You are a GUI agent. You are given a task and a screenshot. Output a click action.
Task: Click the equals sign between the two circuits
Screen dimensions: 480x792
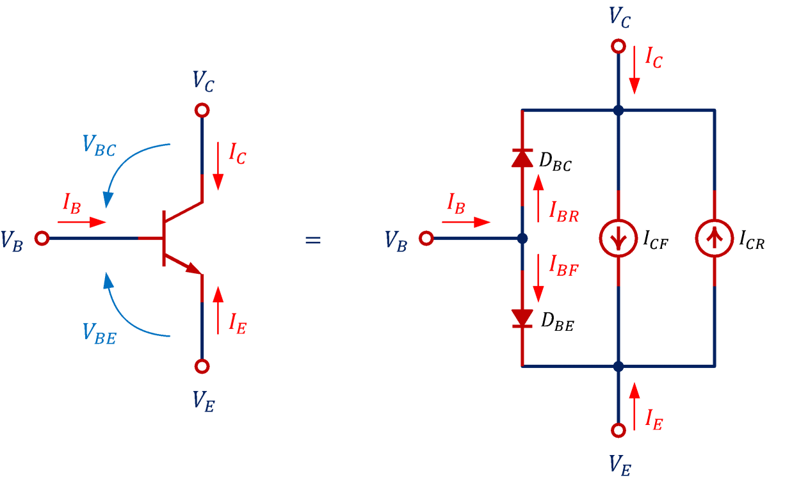tap(312, 241)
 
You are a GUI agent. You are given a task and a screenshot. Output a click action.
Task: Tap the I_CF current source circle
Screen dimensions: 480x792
tap(618, 239)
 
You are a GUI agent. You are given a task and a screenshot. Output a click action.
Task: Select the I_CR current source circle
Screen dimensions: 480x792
tap(714, 239)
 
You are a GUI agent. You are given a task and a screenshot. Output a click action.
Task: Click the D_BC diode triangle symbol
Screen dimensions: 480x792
tap(522, 157)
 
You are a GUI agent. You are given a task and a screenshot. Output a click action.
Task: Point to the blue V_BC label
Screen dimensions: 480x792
tap(99, 146)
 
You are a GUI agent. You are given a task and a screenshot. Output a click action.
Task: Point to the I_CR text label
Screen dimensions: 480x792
tap(752, 241)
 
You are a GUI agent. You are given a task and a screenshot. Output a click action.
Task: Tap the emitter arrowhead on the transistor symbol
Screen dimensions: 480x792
tap(193, 269)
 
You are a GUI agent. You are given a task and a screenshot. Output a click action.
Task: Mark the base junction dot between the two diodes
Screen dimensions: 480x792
tap(522, 239)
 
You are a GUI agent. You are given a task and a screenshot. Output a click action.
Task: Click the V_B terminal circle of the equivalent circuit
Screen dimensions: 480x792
tap(426, 239)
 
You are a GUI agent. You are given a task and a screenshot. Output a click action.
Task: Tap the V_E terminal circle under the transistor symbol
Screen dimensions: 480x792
tap(202, 366)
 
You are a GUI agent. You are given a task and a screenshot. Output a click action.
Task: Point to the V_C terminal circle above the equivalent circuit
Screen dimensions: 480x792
tap(618, 46)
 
